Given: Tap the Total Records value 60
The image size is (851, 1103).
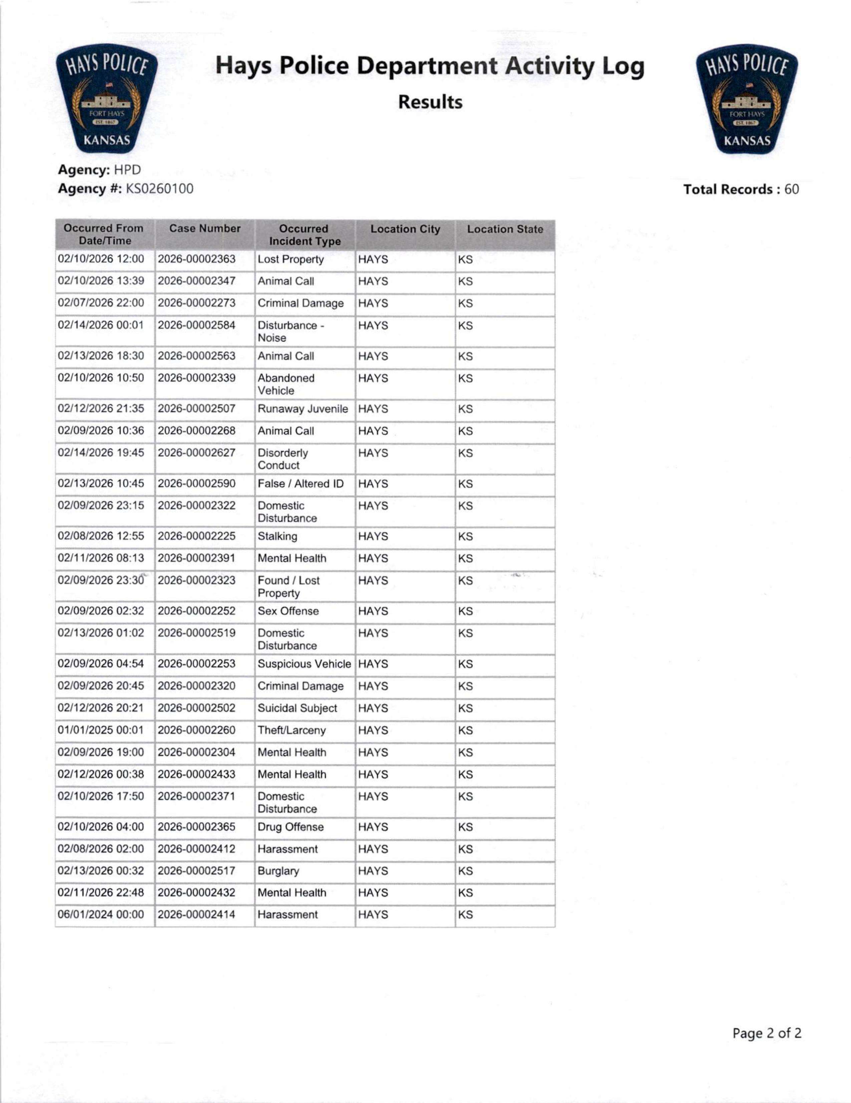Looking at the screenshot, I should click(791, 189).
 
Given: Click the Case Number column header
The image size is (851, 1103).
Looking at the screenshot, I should click(205, 229).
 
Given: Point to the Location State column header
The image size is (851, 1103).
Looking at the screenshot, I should click(505, 229).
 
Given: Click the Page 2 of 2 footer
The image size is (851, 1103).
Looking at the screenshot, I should click(766, 1033).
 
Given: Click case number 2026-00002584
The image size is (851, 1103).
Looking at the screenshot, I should click(197, 325).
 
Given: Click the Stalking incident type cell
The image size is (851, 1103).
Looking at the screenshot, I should click(277, 536).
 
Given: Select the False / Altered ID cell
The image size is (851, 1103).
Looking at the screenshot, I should click(300, 484).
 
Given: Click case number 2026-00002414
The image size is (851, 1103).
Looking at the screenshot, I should click(197, 915).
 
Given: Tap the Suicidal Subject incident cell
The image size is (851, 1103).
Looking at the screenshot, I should click(297, 709).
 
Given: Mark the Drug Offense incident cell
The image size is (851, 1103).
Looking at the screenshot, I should click(290, 827).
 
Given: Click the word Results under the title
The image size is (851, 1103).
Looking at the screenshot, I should click(430, 102).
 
